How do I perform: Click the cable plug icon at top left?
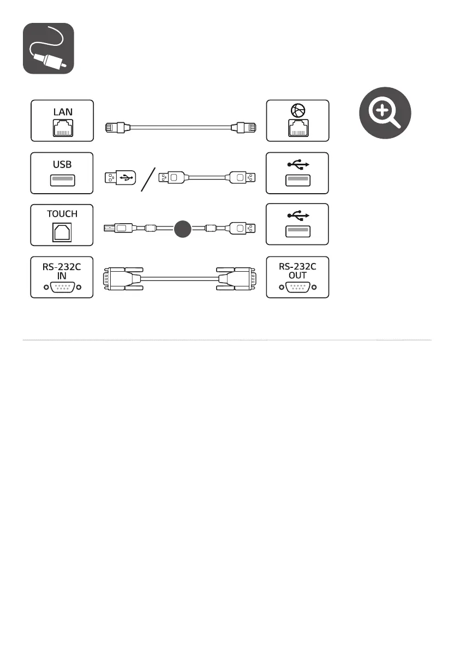click(x=48, y=49)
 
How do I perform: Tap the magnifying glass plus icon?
click(x=385, y=115)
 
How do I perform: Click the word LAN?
click(x=63, y=111)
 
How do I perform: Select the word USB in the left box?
click(x=62, y=164)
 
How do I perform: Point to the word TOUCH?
click(x=62, y=214)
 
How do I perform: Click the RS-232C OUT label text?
click(x=298, y=271)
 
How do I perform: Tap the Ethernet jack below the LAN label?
click(x=62, y=129)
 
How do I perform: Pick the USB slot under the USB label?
click(x=62, y=180)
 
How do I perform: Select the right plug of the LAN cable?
click(x=245, y=128)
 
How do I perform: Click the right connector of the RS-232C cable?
click(x=237, y=279)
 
